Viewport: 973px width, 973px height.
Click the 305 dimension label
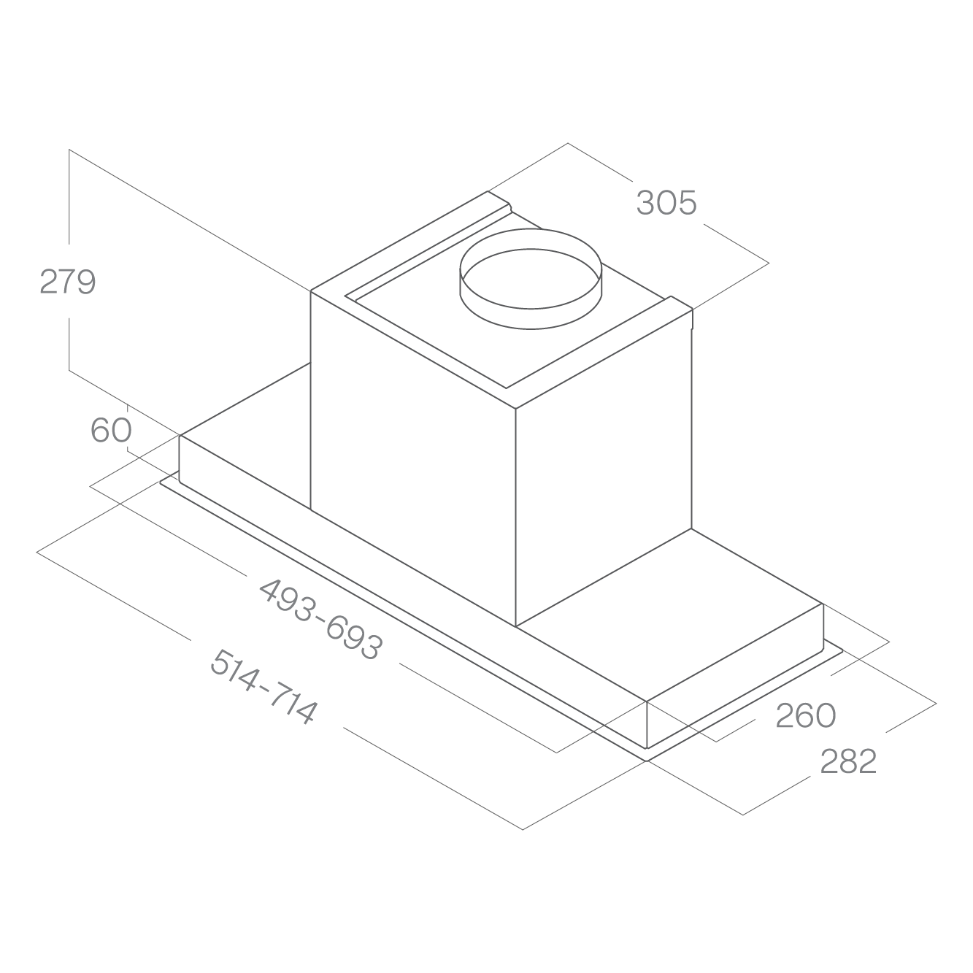click(x=666, y=203)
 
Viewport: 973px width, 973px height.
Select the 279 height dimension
click(x=67, y=281)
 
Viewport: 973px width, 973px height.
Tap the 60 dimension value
click(x=111, y=430)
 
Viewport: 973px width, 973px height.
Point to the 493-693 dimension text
click(x=321, y=619)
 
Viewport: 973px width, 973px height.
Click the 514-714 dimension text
click(x=263, y=686)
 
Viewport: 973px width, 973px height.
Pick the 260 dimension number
click(x=806, y=715)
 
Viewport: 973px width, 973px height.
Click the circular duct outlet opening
click(x=531, y=279)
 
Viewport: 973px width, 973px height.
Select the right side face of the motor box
click(x=604, y=467)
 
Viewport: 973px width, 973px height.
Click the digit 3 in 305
click(x=646, y=203)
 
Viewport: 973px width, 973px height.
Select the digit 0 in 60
click(x=122, y=430)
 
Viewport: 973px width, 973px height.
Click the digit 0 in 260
click(x=826, y=715)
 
